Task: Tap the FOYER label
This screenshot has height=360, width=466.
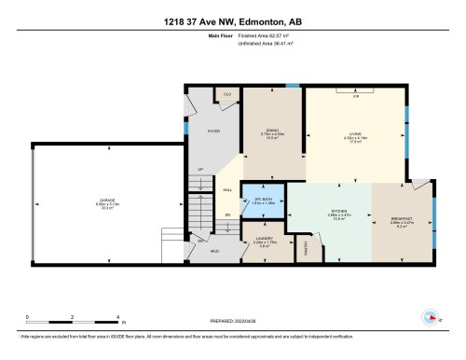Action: pos(212,131)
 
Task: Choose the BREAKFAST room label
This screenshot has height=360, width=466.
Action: pos(402,220)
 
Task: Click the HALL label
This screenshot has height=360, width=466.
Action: pos(227,190)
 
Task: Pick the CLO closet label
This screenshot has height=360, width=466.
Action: pos(226,93)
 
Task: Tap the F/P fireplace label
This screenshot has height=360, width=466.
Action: pos(356,96)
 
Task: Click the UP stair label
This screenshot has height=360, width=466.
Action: pos(199,170)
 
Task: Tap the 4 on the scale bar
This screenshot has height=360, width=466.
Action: pos(117,317)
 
